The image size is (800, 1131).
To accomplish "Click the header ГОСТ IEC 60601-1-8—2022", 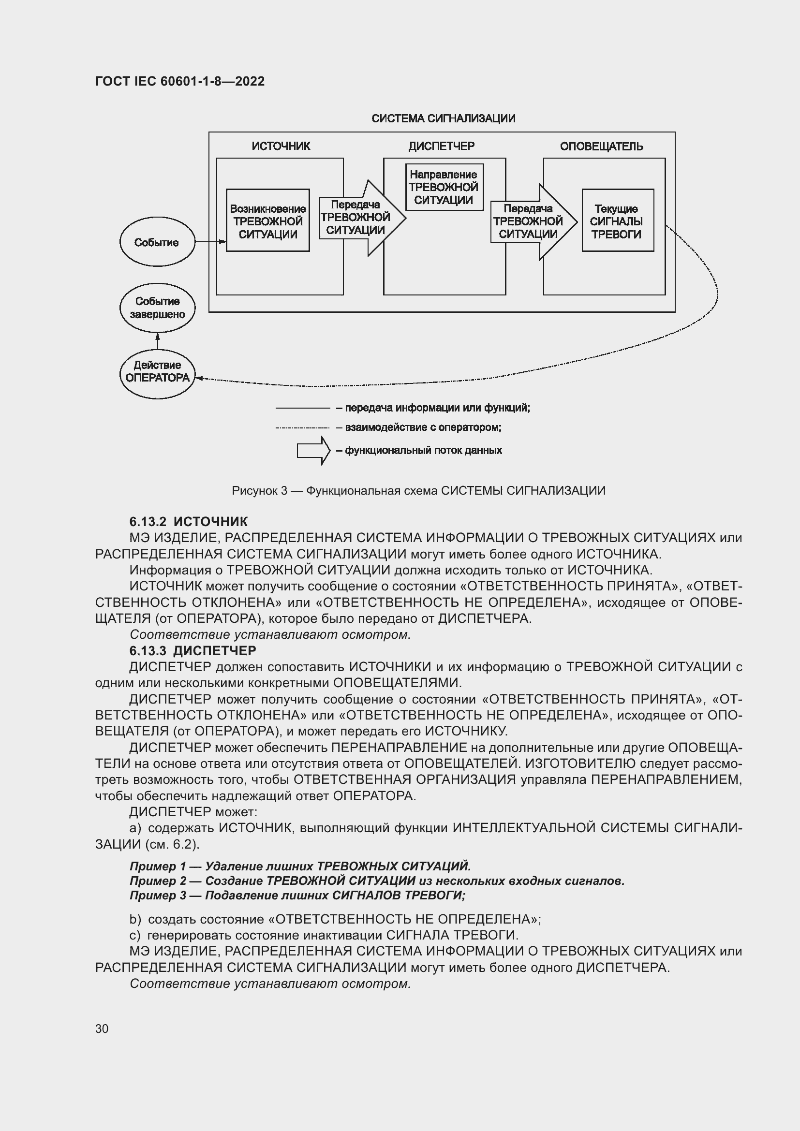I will point(180,81).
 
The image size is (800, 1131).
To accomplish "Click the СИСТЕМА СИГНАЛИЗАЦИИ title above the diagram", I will point(443,119).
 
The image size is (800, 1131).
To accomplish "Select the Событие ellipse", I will point(157,242).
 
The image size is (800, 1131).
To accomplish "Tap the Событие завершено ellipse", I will point(157,308).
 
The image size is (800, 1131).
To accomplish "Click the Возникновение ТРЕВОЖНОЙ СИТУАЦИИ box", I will point(267,220).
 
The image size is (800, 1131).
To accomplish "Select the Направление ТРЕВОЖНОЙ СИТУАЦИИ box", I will point(444,187).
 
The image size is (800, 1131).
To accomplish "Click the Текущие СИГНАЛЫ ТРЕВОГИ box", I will point(617,220).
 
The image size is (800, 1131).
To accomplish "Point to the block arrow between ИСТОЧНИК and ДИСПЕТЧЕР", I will point(362,218).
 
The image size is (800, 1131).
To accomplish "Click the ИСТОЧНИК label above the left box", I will point(281,147).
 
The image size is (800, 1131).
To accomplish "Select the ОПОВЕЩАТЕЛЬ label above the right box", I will point(602,147).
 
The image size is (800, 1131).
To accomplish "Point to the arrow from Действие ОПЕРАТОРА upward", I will point(158,341).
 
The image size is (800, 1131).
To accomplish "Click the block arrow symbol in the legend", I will point(313,450).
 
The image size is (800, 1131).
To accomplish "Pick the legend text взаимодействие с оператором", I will point(423,427).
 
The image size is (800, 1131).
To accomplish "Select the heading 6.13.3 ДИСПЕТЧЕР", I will point(193,651).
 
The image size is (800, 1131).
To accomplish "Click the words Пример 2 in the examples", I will point(158,881).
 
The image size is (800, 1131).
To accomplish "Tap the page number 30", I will point(102,1028).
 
